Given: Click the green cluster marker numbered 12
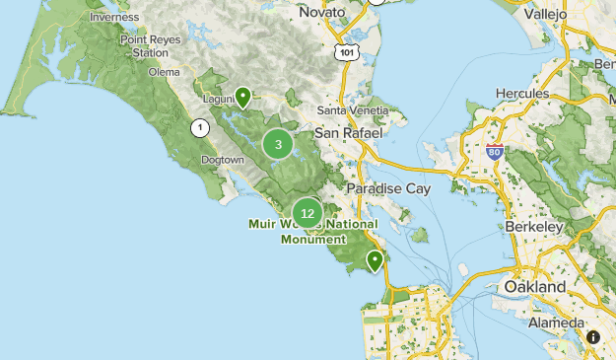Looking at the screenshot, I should click(308, 213).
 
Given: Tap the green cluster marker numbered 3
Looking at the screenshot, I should click(278, 145).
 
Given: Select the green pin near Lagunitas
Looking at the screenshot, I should click(241, 97).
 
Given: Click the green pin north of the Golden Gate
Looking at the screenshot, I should click(375, 260).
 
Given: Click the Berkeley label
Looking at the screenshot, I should click(538, 227).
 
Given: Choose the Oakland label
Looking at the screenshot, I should click(534, 286).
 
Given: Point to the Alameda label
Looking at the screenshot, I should click(556, 324).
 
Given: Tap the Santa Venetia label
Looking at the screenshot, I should click(348, 110).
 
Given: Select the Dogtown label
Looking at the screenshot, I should click(221, 160).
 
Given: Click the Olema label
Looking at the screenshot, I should click(164, 72).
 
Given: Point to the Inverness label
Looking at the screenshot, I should click(113, 17).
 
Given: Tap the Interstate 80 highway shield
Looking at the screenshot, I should click(495, 153).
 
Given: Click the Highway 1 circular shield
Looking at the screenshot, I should click(201, 127).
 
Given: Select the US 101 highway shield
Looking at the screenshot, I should click(344, 51).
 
